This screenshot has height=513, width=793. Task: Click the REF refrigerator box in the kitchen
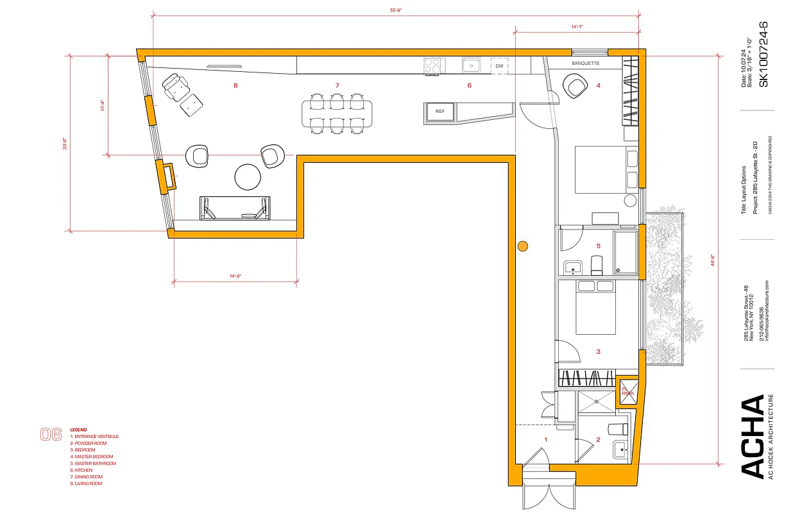click(x=440, y=112)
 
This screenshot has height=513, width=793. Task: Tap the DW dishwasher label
click(x=499, y=66)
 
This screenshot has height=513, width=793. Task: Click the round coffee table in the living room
click(x=248, y=178)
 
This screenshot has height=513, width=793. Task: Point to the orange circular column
click(x=523, y=245)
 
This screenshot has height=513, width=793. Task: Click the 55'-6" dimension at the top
click(x=396, y=11)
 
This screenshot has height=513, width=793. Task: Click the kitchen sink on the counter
click(x=472, y=65)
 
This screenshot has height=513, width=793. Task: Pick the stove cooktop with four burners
click(x=434, y=65)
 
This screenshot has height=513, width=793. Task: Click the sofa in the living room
click(x=235, y=208)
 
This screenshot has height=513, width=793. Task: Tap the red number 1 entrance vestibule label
click(x=545, y=440)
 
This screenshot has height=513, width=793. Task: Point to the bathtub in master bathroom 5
click(x=625, y=253)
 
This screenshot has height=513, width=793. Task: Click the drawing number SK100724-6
click(x=763, y=54)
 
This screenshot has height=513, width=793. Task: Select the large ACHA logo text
click(x=753, y=436)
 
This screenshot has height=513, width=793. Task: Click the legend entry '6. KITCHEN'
click(x=84, y=470)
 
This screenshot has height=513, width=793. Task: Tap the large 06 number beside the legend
click(x=51, y=434)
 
